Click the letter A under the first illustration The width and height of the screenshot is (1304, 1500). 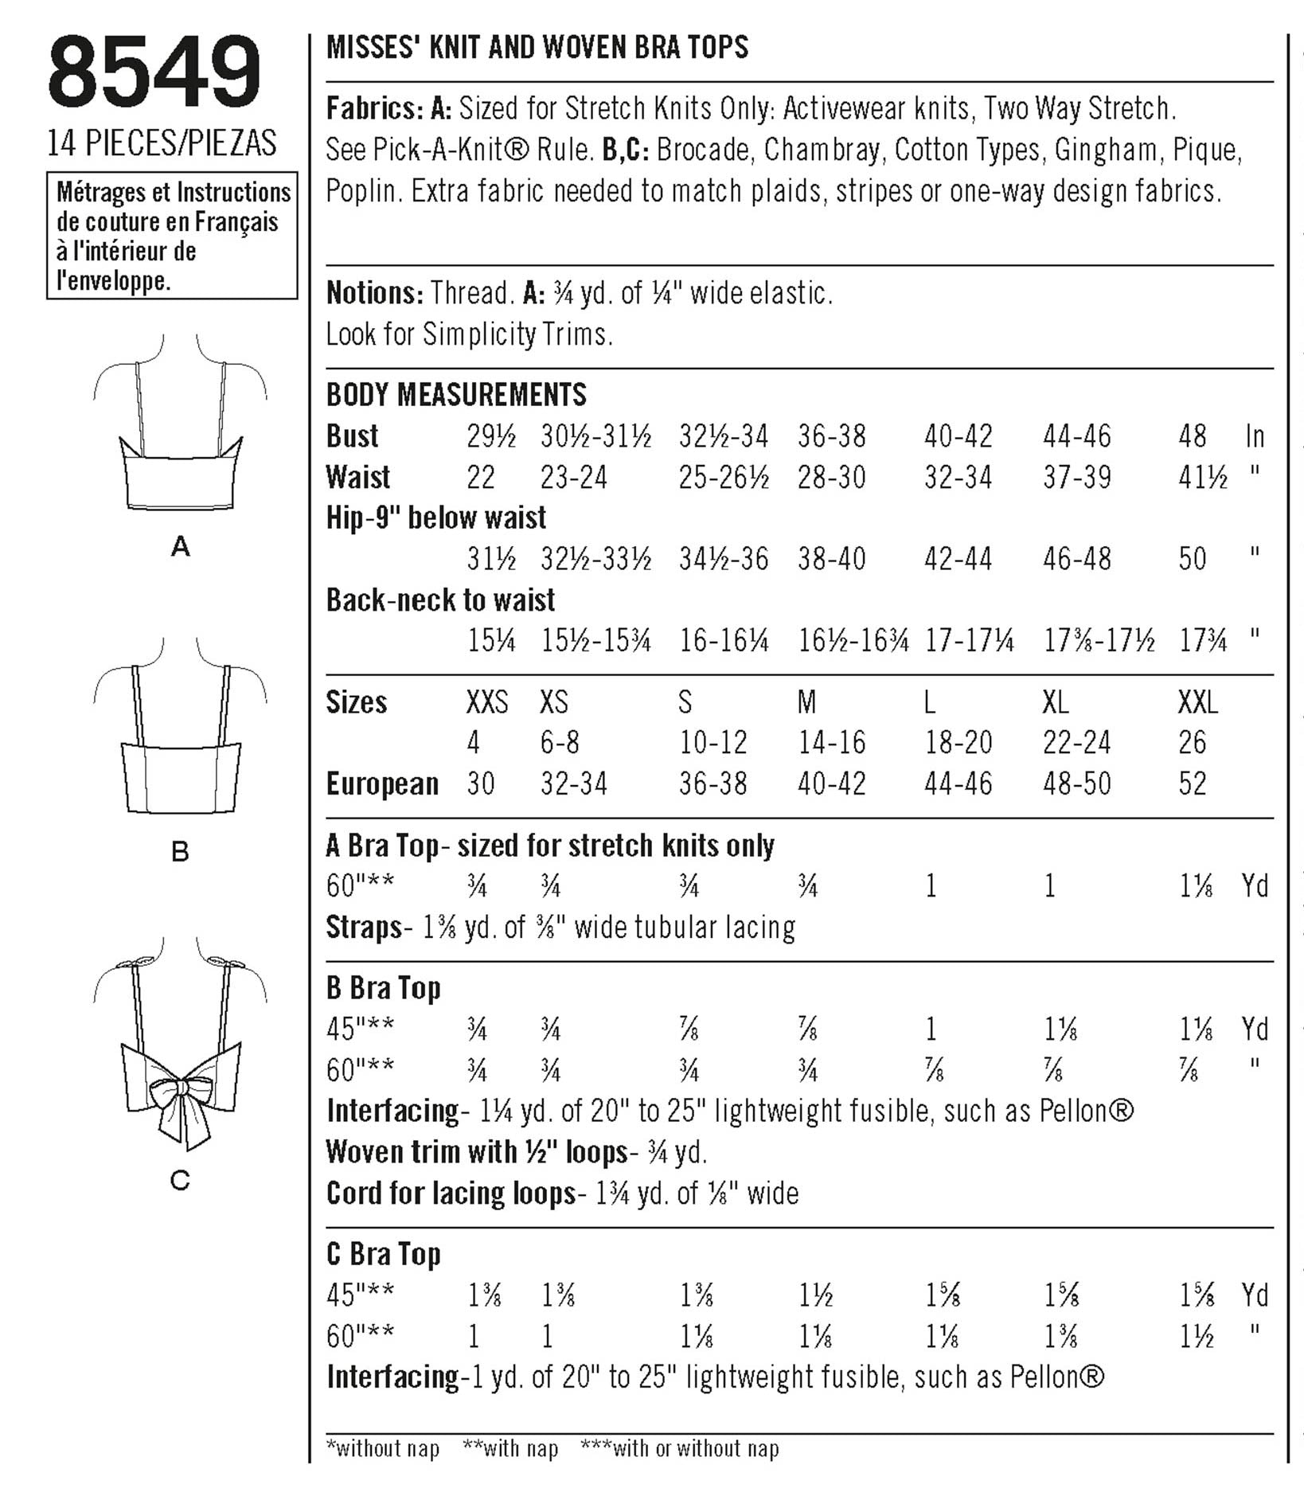click(181, 547)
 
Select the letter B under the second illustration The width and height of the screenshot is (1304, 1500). click(180, 852)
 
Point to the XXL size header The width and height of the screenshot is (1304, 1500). click(1197, 702)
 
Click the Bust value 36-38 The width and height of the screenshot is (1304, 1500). click(832, 436)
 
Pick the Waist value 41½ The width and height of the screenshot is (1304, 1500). click(1203, 478)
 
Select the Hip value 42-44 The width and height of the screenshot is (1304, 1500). click(958, 559)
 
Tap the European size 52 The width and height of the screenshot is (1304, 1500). click(1193, 783)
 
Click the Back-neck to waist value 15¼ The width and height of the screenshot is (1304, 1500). click(490, 641)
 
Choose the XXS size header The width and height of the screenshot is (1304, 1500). click(486, 702)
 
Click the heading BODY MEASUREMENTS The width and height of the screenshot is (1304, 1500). click(456, 395)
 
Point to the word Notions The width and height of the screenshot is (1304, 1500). click(374, 293)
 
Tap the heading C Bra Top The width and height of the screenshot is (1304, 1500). click(383, 1254)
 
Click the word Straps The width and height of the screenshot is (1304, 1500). click(364, 928)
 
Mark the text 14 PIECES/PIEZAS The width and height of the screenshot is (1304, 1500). click(162, 143)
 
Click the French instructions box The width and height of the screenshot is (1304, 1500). click(172, 236)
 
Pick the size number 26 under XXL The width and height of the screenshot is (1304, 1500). click(1193, 743)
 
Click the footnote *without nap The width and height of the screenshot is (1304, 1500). click(383, 1448)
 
